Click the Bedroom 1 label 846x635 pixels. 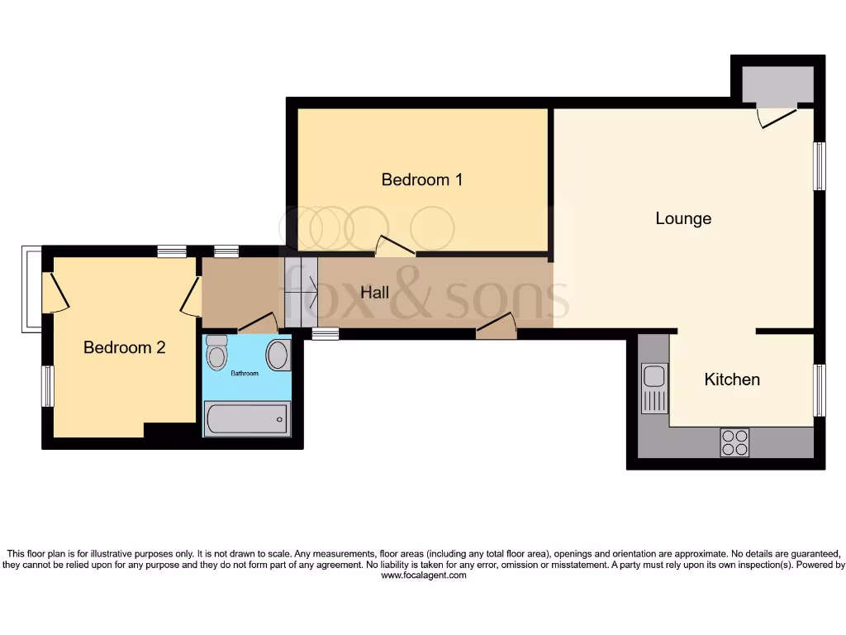421,179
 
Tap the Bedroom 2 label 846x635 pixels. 124,347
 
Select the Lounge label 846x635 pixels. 683,218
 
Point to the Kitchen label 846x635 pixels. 732,380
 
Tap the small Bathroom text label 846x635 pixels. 244,374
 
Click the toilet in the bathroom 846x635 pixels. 217,353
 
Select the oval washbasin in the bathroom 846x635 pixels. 278,355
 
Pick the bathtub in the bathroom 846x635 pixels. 247,419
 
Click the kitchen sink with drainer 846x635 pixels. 654,388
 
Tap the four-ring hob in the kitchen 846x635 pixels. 734,442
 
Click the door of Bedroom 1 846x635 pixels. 395,246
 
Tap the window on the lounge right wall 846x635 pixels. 820,166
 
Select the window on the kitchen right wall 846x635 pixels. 820,389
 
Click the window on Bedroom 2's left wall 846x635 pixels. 48,386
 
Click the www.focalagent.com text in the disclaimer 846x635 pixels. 423,575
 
